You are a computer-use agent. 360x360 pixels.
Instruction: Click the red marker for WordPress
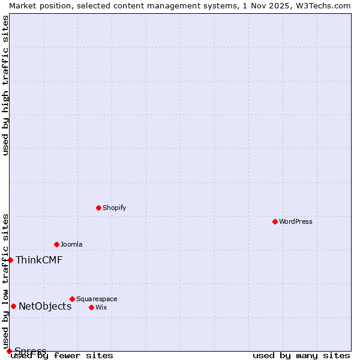click(x=275, y=221)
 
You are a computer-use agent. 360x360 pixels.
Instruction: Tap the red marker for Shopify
click(x=98, y=208)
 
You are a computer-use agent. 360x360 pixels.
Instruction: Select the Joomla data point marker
click(x=56, y=244)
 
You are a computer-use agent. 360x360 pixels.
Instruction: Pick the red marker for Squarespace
click(x=72, y=299)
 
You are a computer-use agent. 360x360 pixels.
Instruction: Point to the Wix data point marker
click(x=91, y=307)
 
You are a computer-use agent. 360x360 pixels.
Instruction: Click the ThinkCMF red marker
click(x=10, y=260)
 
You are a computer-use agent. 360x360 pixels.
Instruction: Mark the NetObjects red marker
click(x=13, y=306)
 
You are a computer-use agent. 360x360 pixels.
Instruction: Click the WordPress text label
click(x=296, y=221)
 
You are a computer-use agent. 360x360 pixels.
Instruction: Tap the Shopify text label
click(x=114, y=208)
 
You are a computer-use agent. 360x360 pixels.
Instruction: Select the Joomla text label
click(x=71, y=244)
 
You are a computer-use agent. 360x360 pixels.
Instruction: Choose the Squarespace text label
click(x=97, y=299)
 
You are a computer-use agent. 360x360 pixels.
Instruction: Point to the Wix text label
click(x=101, y=307)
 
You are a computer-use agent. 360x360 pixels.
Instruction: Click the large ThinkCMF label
click(x=39, y=260)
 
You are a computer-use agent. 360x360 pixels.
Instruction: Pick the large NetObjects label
click(x=45, y=306)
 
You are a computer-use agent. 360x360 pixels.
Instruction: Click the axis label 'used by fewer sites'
click(x=62, y=355)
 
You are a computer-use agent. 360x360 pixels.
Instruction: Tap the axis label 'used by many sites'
click(x=301, y=355)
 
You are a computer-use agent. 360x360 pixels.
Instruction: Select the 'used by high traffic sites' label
click(x=5, y=85)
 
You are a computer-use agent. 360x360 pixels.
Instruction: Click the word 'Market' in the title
click(x=23, y=5)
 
